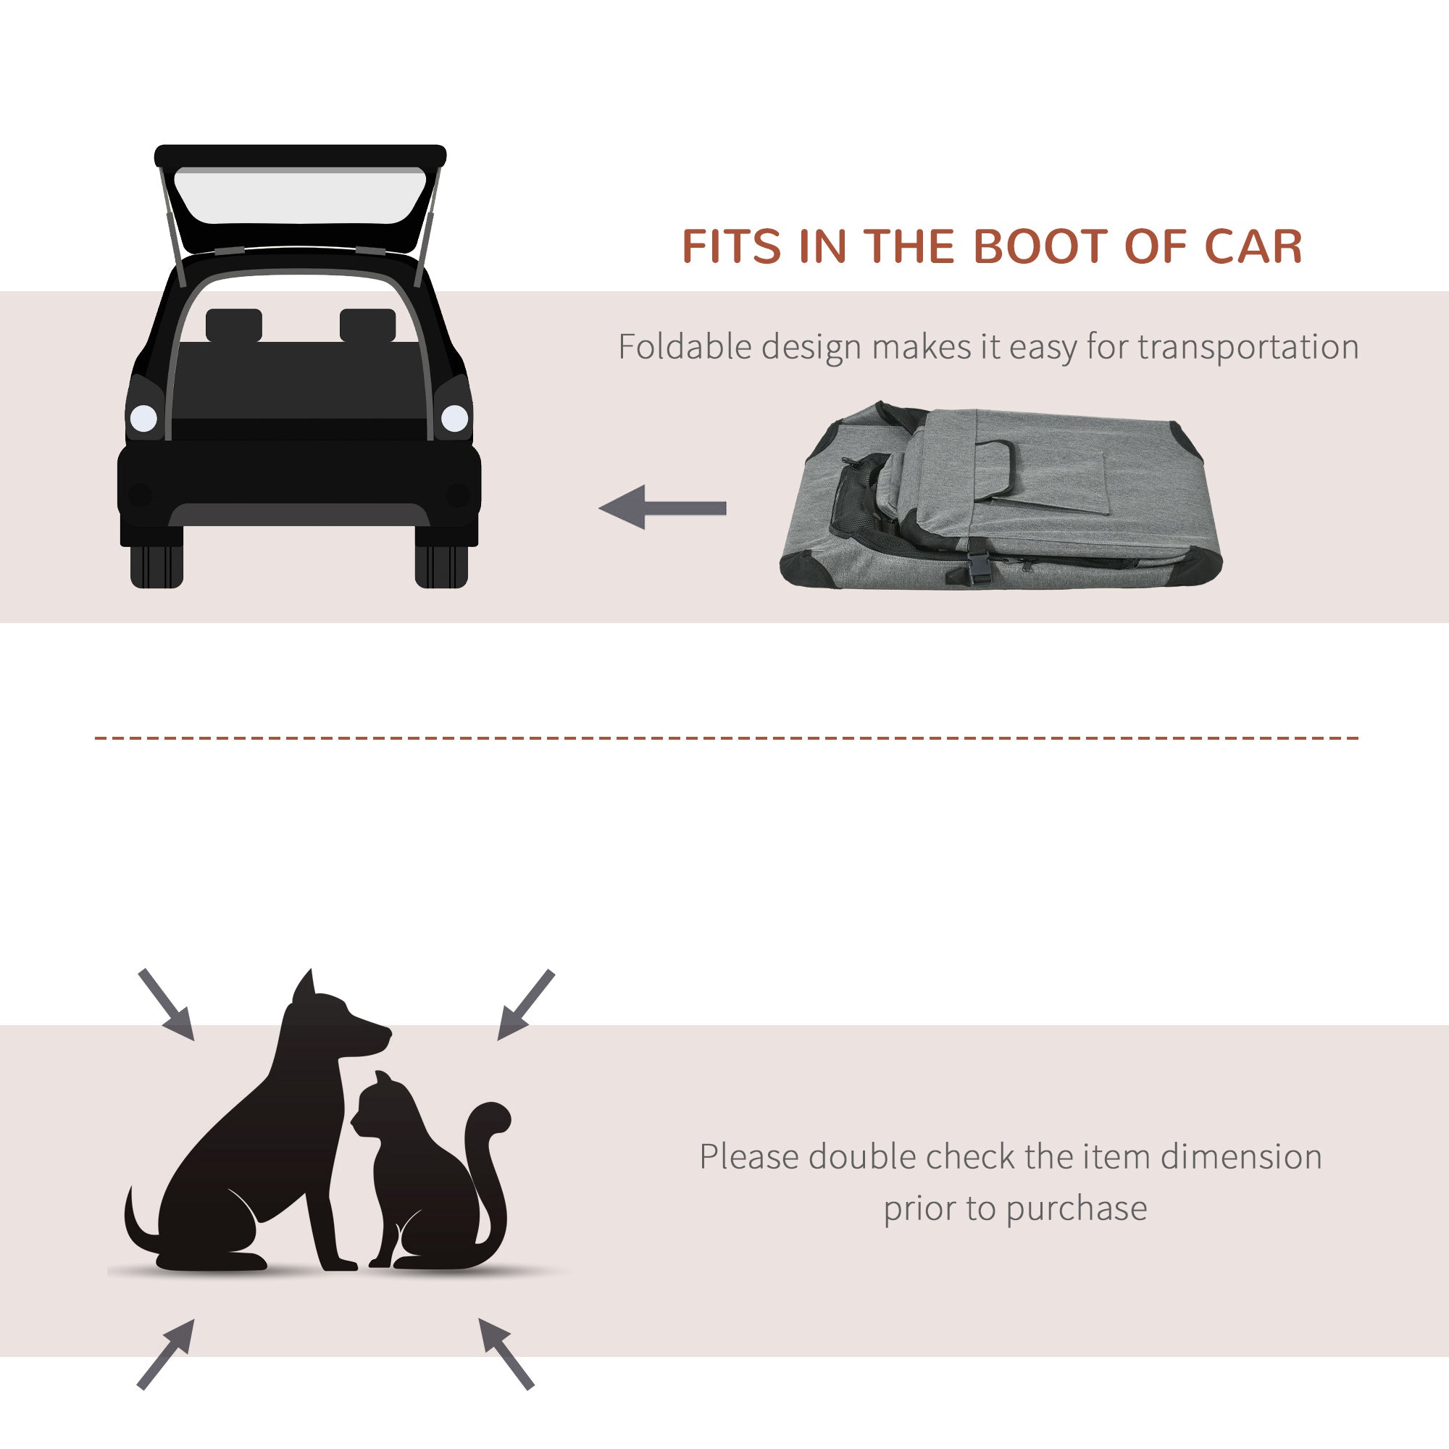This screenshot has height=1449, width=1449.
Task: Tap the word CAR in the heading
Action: coord(1253,247)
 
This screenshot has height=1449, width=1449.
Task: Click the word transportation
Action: coord(1248,347)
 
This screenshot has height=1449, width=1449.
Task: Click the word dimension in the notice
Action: coord(1241,1156)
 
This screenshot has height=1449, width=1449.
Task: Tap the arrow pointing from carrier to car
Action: coord(663,508)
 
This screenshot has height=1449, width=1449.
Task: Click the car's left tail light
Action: coord(143,418)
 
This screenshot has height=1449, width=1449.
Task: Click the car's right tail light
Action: coord(454,418)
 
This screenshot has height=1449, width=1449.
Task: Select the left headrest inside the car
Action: coord(233,325)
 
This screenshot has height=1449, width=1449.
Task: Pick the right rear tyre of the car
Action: coord(442,564)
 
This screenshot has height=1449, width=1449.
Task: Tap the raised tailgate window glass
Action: coord(300,196)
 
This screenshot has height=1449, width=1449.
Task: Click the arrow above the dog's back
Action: coord(167,1004)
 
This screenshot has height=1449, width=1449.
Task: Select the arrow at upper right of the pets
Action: coord(527,1004)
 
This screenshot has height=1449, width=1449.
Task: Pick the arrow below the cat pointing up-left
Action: coord(506,1352)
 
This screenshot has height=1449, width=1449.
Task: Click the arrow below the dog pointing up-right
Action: coord(166,1354)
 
